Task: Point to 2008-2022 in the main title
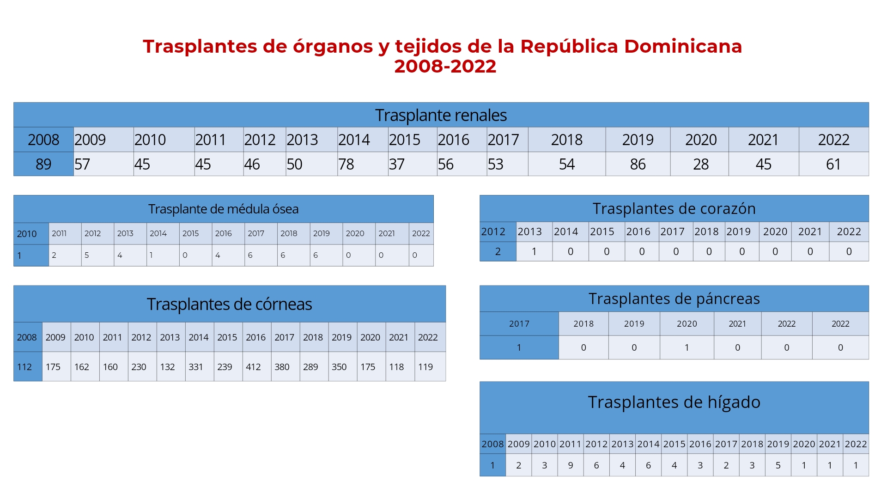pyautogui.click(x=445, y=67)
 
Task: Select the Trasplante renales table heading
pyautogui.click(x=441, y=115)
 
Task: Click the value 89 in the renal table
pyautogui.click(x=43, y=164)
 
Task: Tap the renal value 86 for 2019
pyautogui.click(x=638, y=164)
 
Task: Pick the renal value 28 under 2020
pyautogui.click(x=700, y=164)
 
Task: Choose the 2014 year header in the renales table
pyautogui.click(x=354, y=140)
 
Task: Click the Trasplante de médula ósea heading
pyautogui.click(x=223, y=209)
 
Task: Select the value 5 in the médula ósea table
pyautogui.click(x=87, y=255)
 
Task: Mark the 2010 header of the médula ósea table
pyautogui.click(x=27, y=234)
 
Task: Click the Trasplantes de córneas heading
pyautogui.click(x=229, y=304)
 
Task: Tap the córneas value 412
pyautogui.click(x=253, y=367)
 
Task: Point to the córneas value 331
pyautogui.click(x=196, y=367)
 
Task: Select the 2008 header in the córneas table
pyautogui.click(x=27, y=337)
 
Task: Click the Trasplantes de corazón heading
pyautogui.click(x=674, y=208)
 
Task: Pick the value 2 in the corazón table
pyautogui.click(x=498, y=251)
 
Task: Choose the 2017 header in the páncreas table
pyautogui.click(x=519, y=324)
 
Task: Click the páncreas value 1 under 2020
pyautogui.click(x=687, y=347)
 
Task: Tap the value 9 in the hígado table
pyautogui.click(x=571, y=465)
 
